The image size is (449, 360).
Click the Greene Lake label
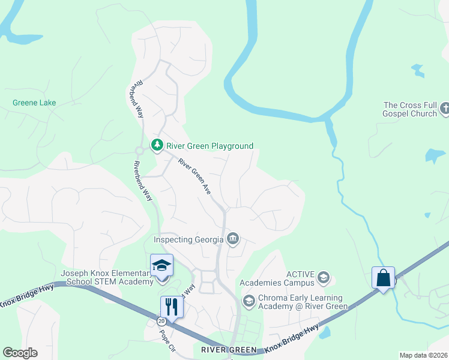click(x=34, y=103)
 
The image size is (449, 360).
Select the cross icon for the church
click(x=444, y=109)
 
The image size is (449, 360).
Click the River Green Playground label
click(x=210, y=146)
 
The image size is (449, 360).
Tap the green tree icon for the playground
click(x=157, y=145)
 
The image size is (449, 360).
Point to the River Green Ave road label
click(x=195, y=176)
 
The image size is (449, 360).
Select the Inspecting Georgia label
click(x=188, y=239)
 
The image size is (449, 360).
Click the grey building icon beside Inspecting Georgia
click(x=233, y=240)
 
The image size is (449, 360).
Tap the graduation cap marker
click(x=161, y=266)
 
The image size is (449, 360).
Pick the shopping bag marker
click(x=383, y=278)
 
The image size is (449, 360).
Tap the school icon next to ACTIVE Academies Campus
click(x=324, y=277)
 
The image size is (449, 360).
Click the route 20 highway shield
click(x=161, y=322)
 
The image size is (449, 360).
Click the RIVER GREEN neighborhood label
click(x=229, y=350)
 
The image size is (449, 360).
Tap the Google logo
click(x=20, y=353)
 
